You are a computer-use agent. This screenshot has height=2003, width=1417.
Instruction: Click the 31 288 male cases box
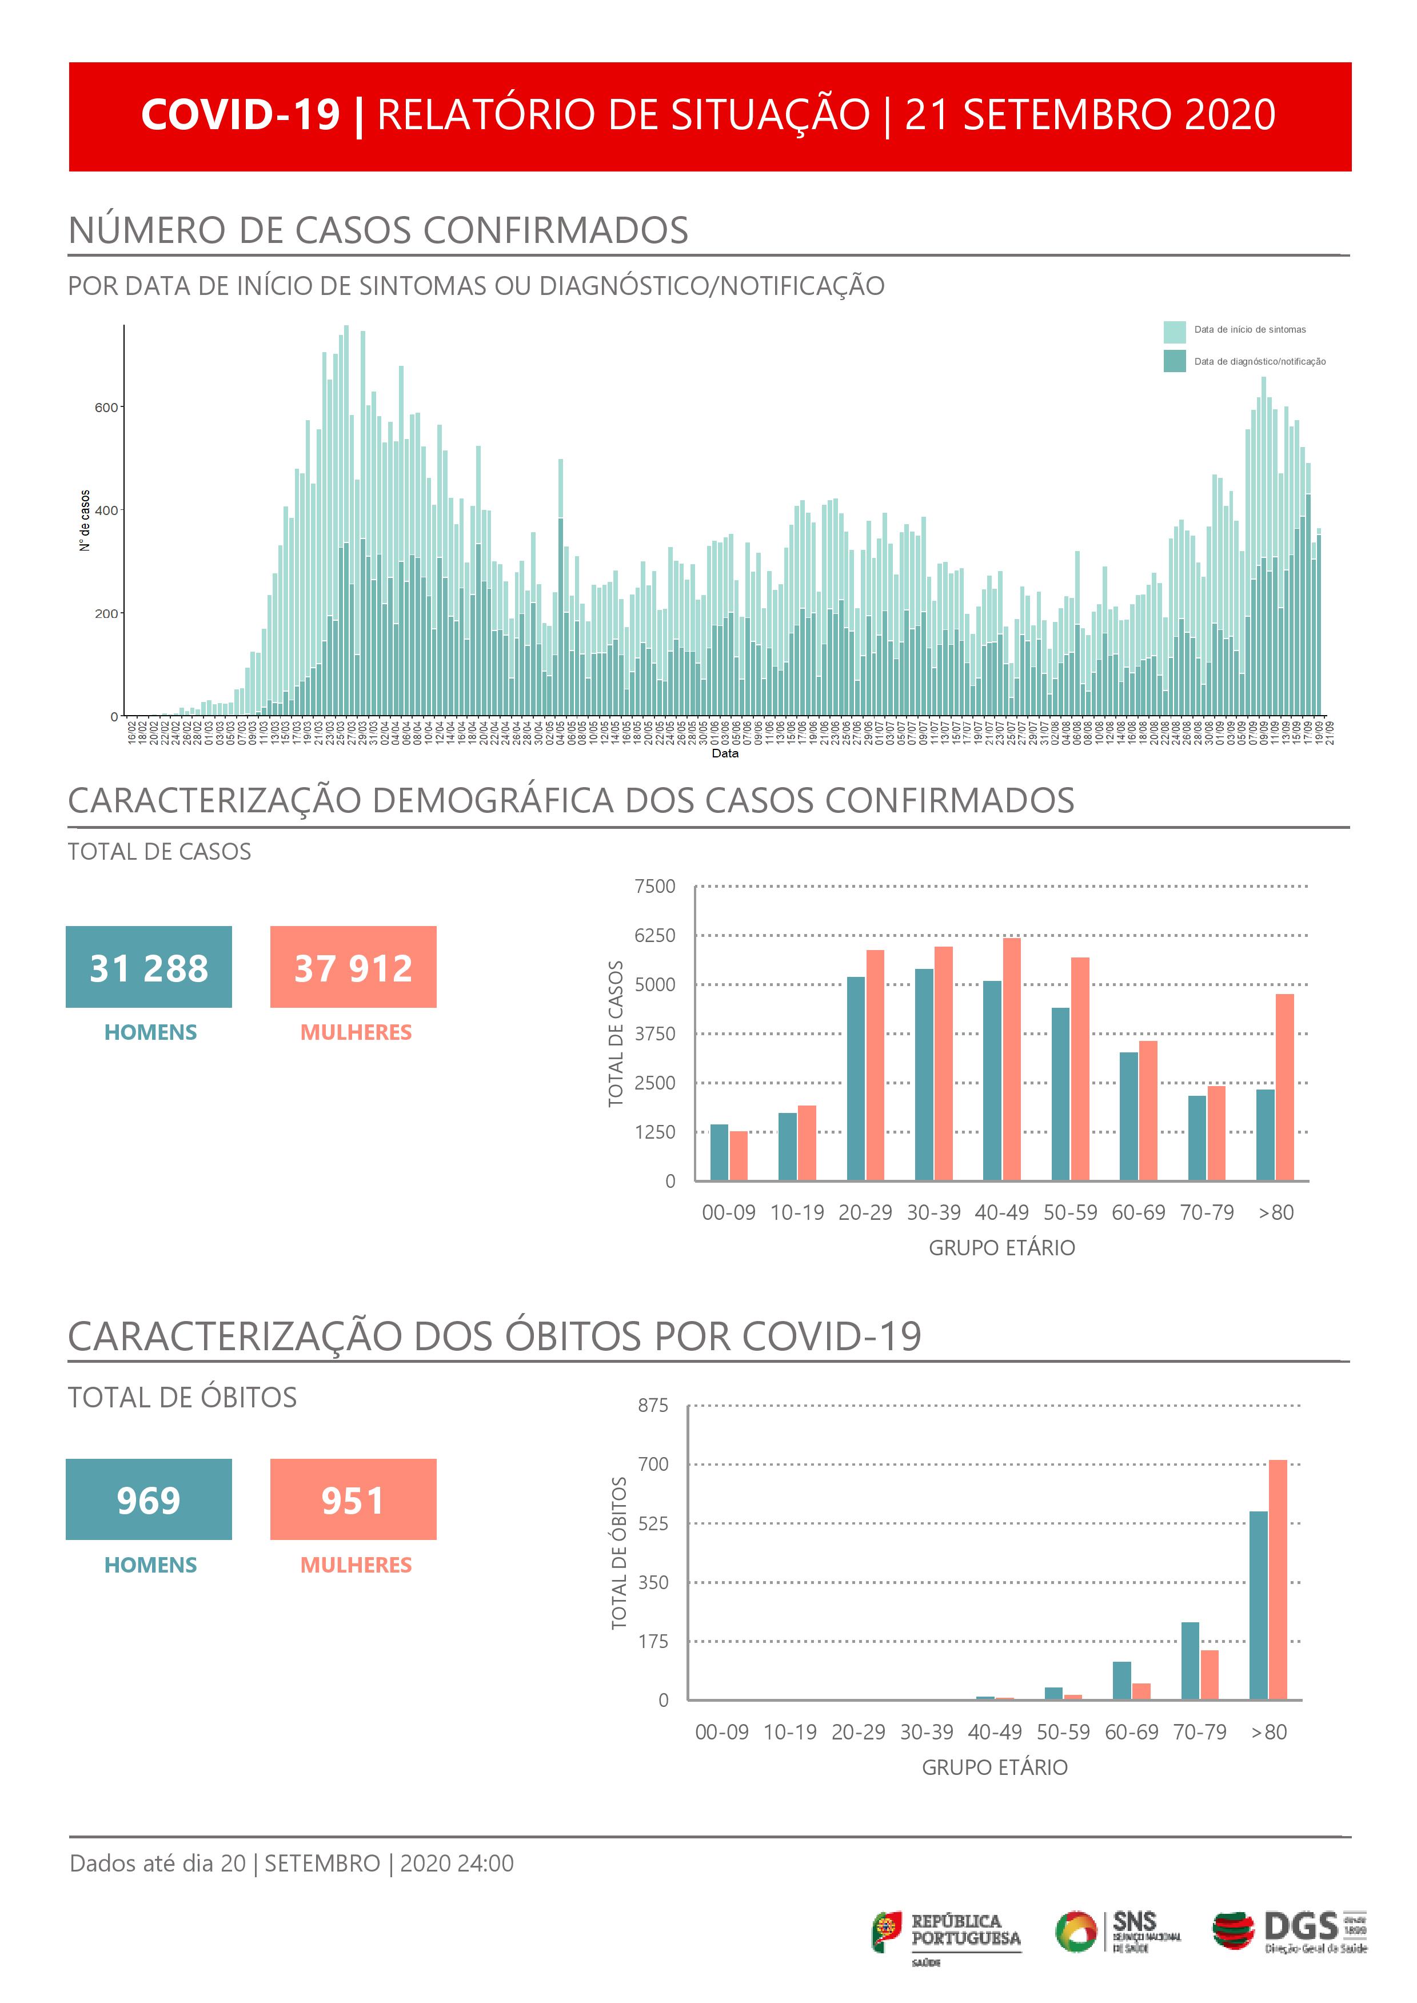(x=149, y=967)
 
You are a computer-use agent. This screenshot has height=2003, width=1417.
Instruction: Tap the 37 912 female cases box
(x=353, y=967)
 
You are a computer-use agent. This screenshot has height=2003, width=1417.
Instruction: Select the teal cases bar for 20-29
(x=856, y=1078)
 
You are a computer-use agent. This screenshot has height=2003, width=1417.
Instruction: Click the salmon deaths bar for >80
(x=1278, y=1579)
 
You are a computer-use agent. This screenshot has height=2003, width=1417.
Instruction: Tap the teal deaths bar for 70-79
(x=1190, y=1660)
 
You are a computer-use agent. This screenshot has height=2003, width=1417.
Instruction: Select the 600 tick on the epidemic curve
(x=106, y=408)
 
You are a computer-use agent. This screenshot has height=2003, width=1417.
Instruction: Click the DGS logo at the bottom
(x=1290, y=1930)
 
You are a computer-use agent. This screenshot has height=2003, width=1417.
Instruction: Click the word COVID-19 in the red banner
(x=240, y=115)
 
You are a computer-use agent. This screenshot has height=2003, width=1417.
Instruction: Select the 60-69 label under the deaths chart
(x=1132, y=1731)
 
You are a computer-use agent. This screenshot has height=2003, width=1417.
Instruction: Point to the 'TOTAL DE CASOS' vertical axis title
(x=616, y=1034)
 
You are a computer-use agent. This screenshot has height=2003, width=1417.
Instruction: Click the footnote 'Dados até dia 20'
(x=158, y=1862)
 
